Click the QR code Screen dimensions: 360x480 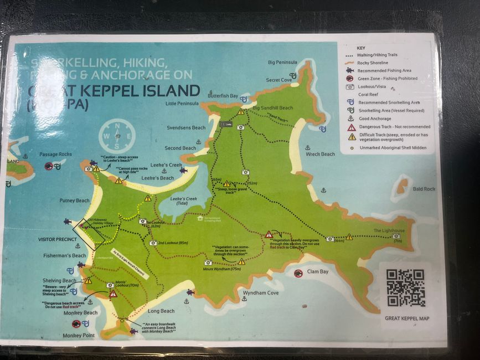pos(405,288)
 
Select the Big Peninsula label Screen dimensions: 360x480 pos(282,63)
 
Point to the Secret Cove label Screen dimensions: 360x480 pos(278,80)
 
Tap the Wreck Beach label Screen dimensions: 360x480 pos(320,154)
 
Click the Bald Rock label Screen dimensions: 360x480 pos(424,189)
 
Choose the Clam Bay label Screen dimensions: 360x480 pos(318,272)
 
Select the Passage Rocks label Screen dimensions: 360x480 pos(56,154)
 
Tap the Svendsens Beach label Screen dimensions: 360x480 pos(186,127)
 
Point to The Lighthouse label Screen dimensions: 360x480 pos(389,230)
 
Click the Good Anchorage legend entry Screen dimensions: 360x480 pos(374,119)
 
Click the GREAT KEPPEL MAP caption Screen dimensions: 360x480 pos(407,318)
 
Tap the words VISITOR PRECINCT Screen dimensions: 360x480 pos(56,240)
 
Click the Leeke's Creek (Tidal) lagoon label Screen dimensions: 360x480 pos(184,201)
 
